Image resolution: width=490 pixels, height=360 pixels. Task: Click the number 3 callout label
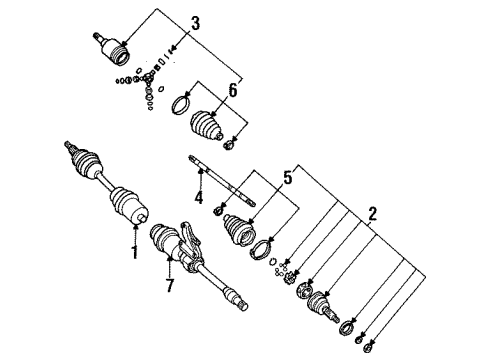(196, 23)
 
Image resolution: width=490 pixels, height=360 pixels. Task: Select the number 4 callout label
(199, 197)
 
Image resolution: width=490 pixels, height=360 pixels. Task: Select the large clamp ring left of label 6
(184, 103)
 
